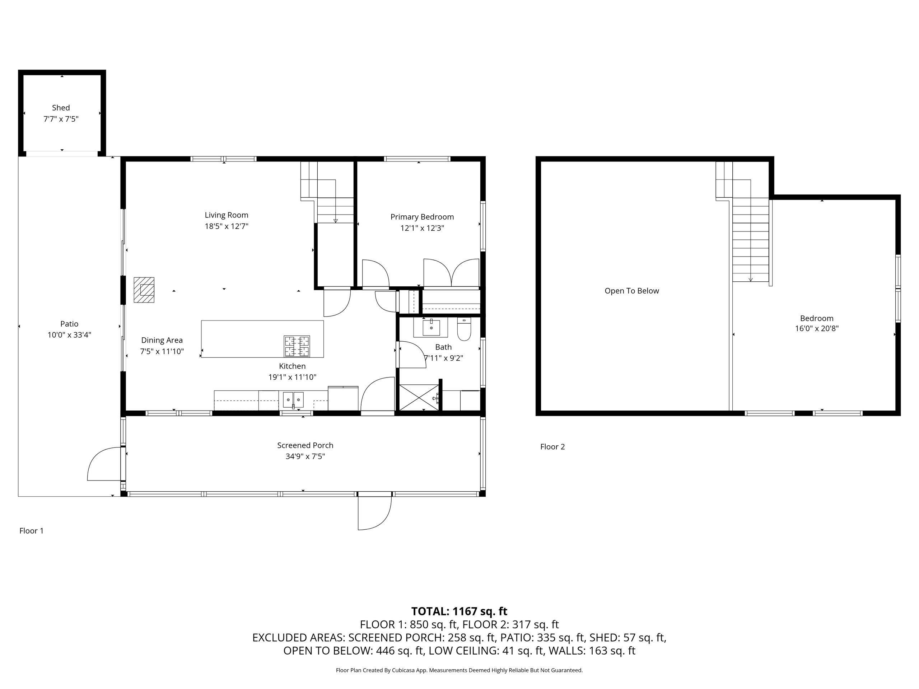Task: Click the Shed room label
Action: click(61, 108)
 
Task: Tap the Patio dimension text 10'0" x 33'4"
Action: click(69, 335)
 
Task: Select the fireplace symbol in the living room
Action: click(144, 290)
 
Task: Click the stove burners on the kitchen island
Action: click(297, 346)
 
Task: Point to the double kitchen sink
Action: click(293, 399)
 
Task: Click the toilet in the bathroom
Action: click(464, 329)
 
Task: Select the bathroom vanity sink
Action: click(431, 327)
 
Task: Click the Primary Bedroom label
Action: click(422, 217)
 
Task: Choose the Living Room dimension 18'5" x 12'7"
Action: click(227, 226)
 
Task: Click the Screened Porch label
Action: click(305, 445)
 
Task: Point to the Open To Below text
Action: click(631, 291)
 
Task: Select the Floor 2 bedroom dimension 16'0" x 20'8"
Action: click(817, 328)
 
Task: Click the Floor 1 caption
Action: click(32, 531)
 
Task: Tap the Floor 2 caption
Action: click(552, 447)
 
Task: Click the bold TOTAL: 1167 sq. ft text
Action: click(459, 611)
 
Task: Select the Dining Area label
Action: click(162, 341)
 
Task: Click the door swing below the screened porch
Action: click(375, 513)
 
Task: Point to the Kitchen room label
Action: click(292, 366)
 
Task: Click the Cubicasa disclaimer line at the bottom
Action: click(459, 670)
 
